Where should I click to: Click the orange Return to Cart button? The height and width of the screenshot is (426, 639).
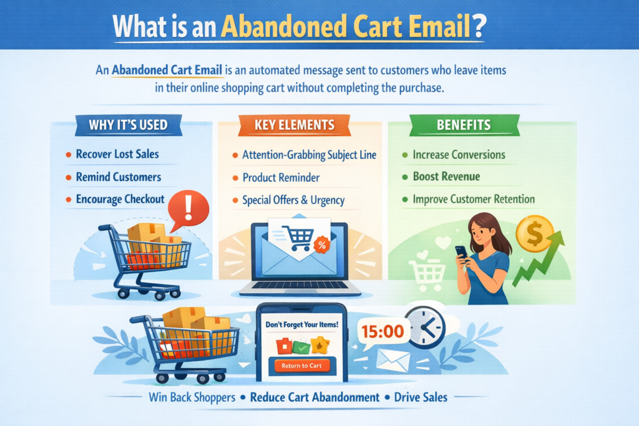tap(301, 365)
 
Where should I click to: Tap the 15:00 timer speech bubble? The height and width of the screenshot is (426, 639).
tap(383, 332)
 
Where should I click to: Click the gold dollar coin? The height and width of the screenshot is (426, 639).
tap(534, 234)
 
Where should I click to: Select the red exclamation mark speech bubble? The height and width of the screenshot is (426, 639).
tap(188, 210)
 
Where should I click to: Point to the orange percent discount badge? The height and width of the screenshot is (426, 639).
tap(322, 244)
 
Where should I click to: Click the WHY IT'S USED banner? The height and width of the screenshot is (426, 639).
tap(129, 125)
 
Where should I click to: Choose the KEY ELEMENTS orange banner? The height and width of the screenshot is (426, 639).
tap(295, 125)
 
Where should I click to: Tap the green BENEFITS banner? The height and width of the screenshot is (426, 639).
tap(464, 125)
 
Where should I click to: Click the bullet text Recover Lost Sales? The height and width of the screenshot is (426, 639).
tap(117, 154)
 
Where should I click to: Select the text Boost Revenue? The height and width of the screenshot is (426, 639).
tap(446, 177)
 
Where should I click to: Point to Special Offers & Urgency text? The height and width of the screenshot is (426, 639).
tap(293, 200)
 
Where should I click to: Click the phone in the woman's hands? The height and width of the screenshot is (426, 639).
tap(462, 253)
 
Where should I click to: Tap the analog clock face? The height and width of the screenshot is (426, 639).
tap(426, 327)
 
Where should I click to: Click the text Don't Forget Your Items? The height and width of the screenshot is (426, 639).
tap(301, 324)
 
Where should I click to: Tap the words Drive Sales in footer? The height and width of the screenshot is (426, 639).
tap(421, 397)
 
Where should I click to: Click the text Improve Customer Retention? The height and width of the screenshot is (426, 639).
tap(474, 199)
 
